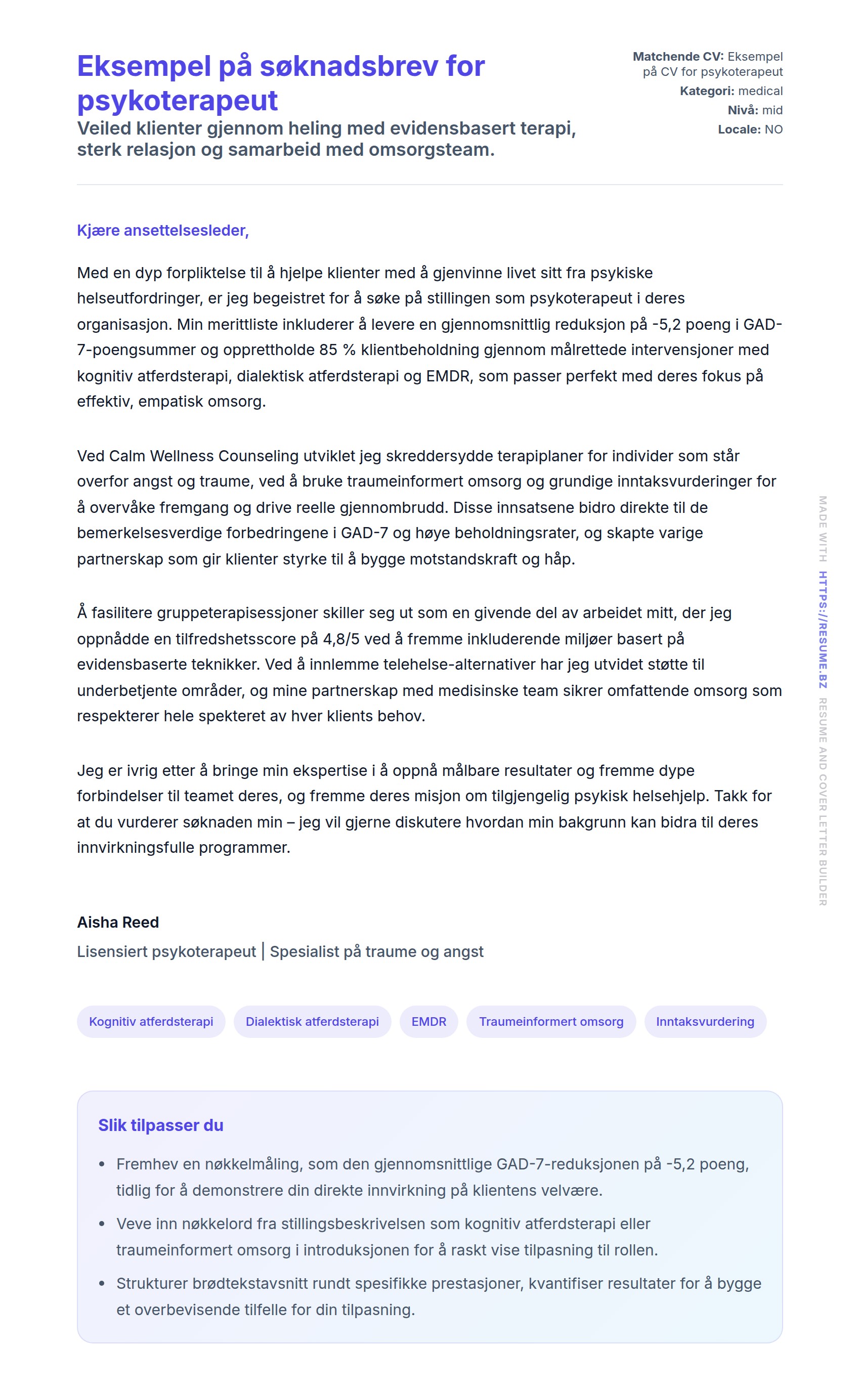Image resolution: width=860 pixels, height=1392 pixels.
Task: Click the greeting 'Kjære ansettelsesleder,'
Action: (163, 230)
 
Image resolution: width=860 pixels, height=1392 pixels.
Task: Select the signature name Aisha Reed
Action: (118, 922)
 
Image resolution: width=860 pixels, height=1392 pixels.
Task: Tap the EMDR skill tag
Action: (428, 1021)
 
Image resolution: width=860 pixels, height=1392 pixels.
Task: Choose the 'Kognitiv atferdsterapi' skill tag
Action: (151, 1021)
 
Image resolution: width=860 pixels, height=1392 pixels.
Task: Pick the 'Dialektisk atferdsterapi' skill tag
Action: (312, 1021)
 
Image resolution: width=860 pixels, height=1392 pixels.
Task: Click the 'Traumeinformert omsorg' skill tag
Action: (550, 1021)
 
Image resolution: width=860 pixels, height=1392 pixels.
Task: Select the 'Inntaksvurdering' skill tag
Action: (705, 1021)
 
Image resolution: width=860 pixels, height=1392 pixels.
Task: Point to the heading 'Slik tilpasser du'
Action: (160, 1125)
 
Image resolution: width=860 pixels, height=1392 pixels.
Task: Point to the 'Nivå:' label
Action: (743, 110)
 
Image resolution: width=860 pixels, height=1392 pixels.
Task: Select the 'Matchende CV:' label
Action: (678, 57)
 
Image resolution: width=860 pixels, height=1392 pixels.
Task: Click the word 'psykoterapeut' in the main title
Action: (177, 101)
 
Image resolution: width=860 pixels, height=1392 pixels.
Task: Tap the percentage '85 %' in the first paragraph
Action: (337, 350)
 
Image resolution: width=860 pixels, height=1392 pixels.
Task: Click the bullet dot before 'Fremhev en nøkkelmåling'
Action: (102, 1164)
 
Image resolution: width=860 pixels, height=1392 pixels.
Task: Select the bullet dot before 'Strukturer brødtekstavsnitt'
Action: (102, 1283)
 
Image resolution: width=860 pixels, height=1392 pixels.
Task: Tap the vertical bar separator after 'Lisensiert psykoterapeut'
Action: (263, 951)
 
